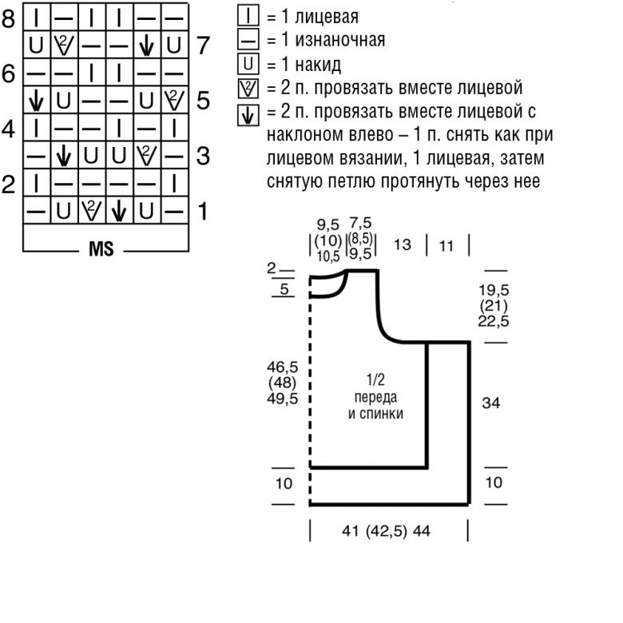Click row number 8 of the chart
pos(9,18)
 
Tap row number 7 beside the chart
pos(203,46)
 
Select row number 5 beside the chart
pos(203,101)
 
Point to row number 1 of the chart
pos(203,212)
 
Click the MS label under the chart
pos(101,249)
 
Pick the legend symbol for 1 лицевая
pos(248,16)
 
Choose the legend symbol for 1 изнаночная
pos(248,39)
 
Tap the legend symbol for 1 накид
pos(248,63)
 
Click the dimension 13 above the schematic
pos(403,244)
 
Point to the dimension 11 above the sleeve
pos(446,246)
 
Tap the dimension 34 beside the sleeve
pos(491,403)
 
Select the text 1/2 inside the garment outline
pos(375,378)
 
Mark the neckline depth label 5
pos(285,289)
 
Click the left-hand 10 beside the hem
pos(284,483)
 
